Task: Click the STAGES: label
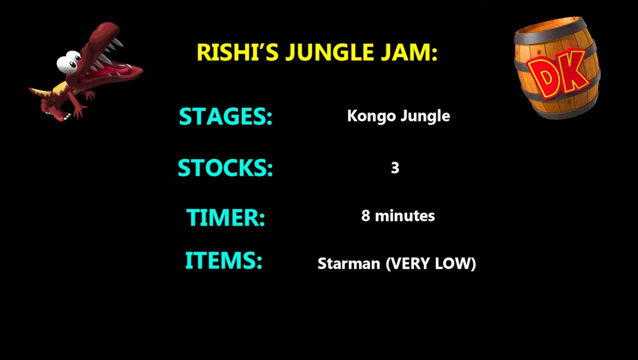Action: click(x=226, y=116)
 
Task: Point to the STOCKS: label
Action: click(x=225, y=168)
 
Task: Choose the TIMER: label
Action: click(x=226, y=217)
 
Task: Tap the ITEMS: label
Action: click(x=223, y=260)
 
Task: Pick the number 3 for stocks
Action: click(x=395, y=168)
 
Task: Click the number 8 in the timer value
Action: click(x=365, y=216)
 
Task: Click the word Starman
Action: click(x=349, y=263)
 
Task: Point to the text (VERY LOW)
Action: click(x=431, y=263)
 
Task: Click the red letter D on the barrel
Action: click(x=546, y=77)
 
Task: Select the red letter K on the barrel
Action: click(x=575, y=70)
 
